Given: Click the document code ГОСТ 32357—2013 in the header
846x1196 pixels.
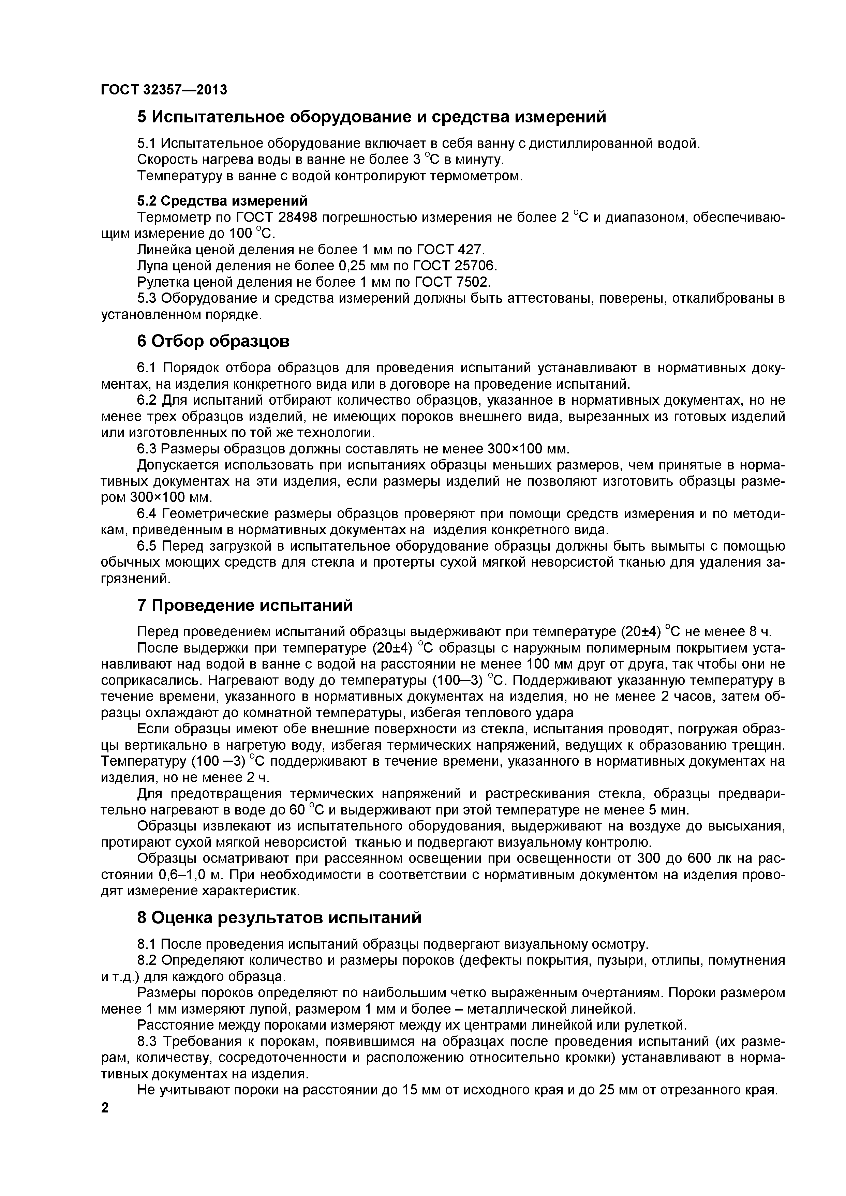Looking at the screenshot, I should point(164,90).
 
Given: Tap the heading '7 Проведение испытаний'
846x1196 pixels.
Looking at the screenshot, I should point(245,605).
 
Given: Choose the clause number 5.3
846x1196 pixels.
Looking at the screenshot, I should point(147,298).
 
